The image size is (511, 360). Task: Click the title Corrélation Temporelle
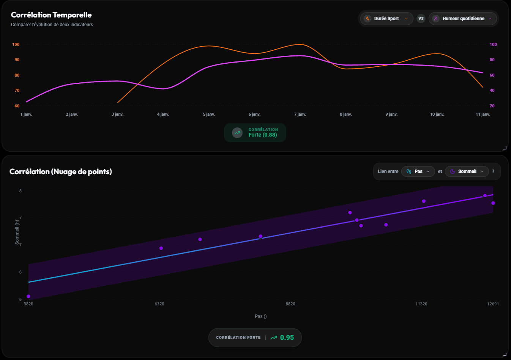[51, 15]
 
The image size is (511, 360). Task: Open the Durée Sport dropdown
[386, 19]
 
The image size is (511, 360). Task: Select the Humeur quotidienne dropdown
[463, 19]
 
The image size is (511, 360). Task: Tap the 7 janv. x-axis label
[300, 114]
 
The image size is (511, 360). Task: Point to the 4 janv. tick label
[163, 114]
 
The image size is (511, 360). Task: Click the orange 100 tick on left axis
[16, 44]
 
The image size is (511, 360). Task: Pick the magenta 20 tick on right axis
[492, 106]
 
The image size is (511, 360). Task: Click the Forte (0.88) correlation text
[263, 135]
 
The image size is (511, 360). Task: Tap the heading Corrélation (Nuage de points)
[61, 171]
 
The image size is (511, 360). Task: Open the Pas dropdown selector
[418, 171]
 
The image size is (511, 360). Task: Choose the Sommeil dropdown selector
[467, 171]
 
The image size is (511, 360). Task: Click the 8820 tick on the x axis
[290, 304]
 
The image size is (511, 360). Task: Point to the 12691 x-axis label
[493, 304]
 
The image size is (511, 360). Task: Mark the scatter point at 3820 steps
[28, 296]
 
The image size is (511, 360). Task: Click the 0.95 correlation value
[287, 338]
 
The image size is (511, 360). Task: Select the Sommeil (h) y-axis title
[17, 232]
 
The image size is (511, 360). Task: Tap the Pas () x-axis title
[260, 316]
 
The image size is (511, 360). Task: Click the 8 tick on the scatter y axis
[21, 191]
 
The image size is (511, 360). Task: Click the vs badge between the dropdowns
[421, 19]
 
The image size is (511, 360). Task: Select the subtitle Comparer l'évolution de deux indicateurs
[52, 25]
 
